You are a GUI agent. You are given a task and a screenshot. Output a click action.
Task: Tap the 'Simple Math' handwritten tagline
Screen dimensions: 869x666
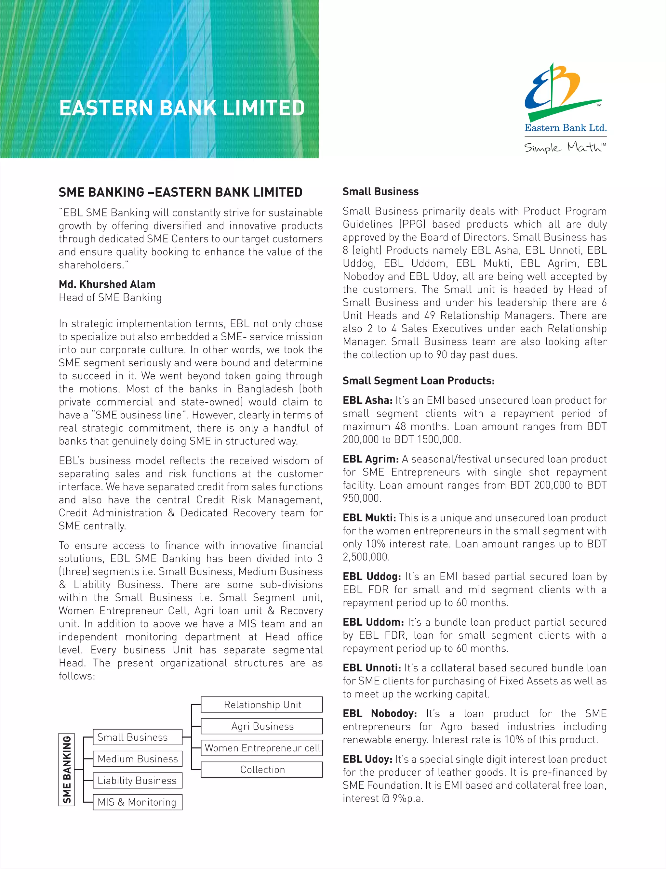coord(565,147)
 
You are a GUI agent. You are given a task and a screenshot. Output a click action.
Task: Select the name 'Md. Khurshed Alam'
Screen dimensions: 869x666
coord(107,284)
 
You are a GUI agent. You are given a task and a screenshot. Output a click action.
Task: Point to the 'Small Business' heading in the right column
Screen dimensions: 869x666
coord(380,192)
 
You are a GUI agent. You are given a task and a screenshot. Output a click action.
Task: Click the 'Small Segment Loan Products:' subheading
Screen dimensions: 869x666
coord(418,381)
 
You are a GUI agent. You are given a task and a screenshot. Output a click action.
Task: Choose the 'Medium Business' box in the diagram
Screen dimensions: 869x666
coord(138,759)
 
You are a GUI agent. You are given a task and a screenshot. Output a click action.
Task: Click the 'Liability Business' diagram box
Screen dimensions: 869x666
coord(138,781)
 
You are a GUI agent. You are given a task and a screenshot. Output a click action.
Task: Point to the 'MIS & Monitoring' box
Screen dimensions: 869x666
coord(138,802)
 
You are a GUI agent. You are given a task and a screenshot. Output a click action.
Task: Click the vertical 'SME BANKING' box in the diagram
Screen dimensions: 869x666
coord(67,770)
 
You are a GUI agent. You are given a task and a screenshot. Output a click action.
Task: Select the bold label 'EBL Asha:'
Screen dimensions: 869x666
coord(367,400)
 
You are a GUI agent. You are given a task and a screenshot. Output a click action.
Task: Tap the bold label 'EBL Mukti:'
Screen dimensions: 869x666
coord(369,518)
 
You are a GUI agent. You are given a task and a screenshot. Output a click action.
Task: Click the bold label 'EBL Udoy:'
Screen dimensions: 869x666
coord(367,759)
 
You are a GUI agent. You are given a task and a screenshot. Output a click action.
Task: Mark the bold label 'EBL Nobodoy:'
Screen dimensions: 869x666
coord(380,714)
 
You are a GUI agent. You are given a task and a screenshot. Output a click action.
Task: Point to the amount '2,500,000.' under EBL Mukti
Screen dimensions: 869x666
coord(366,557)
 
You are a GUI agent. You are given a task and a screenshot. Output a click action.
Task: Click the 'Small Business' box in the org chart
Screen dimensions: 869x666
coord(138,737)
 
